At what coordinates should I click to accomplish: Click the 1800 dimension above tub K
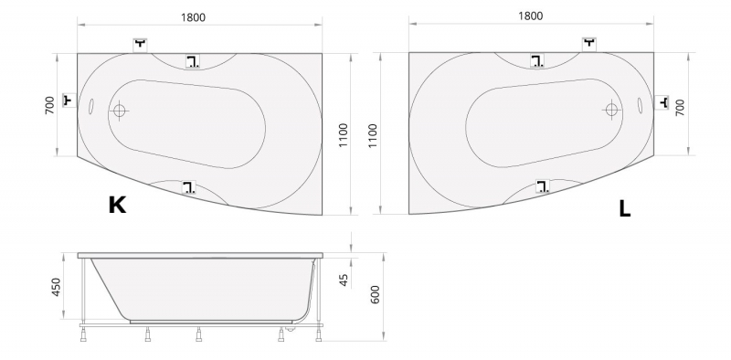pyautogui.click(x=193, y=17)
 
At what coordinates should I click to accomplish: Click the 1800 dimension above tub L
pyautogui.click(x=531, y=16)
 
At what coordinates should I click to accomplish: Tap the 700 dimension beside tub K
pyautogui.click(x=49, y=105)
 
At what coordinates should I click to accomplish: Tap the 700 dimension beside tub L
pyautogui.click(x=680, y=107)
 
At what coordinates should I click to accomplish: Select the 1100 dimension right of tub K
pyautogui.click(x=344, y=135)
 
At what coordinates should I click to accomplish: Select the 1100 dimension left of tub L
pyautogui.click(x=373, y=136)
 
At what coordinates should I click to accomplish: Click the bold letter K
pyautogui.click(x=117, y=205)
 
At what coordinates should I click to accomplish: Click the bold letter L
pyautogui.click(x=625, y=208)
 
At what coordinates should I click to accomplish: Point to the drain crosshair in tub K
pyautogui.click(x=120, y=111)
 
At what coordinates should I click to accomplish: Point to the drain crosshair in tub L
pyautogui.click(x=611, y=110)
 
